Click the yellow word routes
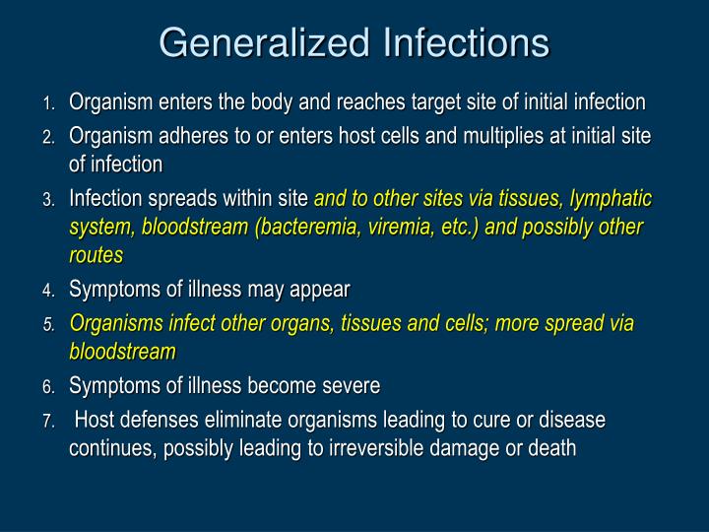tap(96, 255)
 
